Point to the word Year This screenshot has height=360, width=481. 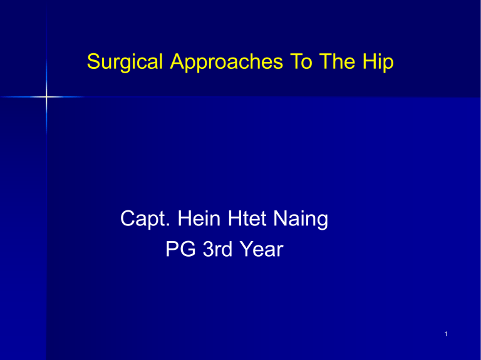coord(261,251)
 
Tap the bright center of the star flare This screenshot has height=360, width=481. coord(47,97)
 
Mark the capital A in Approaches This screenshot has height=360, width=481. coord(168,63)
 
